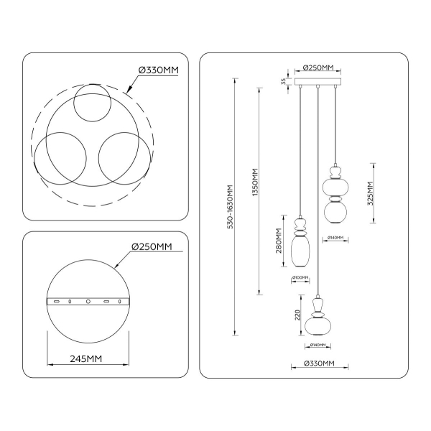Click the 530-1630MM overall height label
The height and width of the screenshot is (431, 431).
click(231, 209)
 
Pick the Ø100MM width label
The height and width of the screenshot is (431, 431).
click(300, 277)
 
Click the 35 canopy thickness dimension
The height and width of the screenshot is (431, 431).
click(283, 82)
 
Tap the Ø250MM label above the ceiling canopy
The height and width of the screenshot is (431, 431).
click(317, 68)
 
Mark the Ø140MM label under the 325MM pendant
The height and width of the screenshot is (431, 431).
click(335, 237)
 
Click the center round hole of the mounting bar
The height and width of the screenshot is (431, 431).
click(88, 302)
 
